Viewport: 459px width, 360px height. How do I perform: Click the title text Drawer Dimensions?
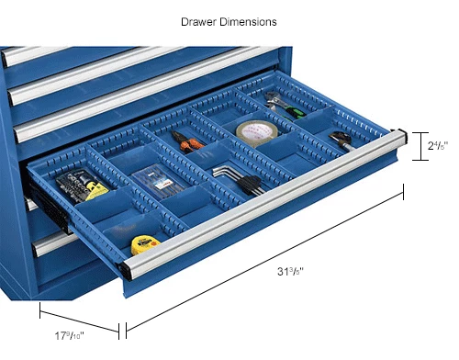tap(229, 21)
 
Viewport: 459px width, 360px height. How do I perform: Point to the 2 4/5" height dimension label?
tap(436, 145)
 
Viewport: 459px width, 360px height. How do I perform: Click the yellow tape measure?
tap(145, 244)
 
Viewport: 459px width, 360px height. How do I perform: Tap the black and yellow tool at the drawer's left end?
tap(81, 189)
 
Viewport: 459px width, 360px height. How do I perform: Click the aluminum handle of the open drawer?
tap(266, 208)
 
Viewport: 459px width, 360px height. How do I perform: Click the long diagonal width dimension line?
tap(266, 259)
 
